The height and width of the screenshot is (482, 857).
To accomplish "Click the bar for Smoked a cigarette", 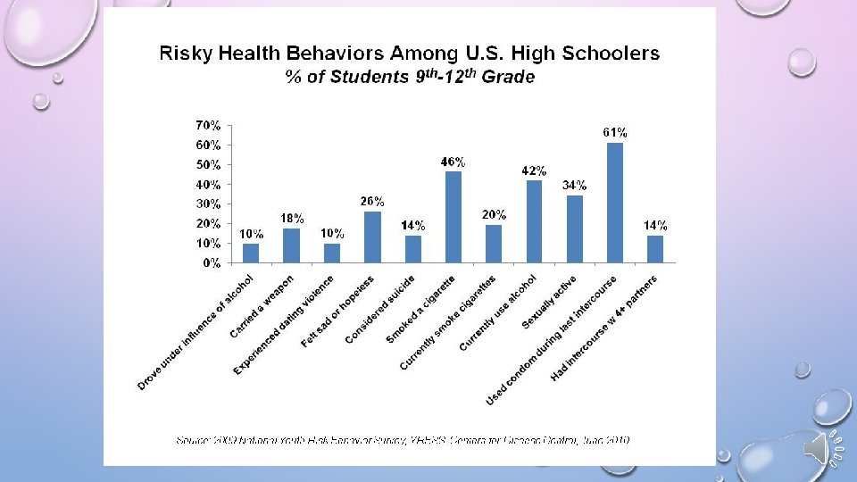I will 453,217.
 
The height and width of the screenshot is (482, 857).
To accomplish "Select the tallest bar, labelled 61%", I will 614,203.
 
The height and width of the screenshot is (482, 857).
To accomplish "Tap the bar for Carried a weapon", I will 292,245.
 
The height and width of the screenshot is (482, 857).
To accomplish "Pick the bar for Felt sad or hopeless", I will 372,237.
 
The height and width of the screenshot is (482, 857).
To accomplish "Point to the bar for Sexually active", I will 574,229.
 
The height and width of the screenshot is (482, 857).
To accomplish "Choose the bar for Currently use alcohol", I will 534,221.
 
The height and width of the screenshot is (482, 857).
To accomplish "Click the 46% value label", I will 453,162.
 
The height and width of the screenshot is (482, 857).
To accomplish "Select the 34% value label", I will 574,186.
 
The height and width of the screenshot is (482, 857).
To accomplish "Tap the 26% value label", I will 372,201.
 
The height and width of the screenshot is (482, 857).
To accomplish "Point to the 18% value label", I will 292,218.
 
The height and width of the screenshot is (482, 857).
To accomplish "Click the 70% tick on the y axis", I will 208,125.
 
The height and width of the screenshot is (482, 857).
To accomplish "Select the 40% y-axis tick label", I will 208,184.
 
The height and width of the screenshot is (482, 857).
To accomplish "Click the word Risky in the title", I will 185,54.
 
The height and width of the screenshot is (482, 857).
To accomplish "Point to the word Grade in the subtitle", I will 509,77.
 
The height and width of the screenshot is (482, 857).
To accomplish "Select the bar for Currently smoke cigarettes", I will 494,244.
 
